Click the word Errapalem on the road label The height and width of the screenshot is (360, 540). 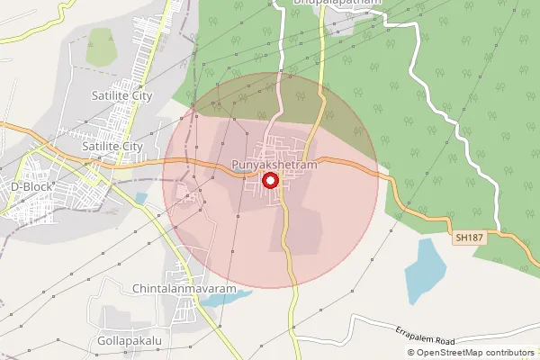coord(416,334)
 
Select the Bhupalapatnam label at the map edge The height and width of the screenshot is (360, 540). coord(337,3)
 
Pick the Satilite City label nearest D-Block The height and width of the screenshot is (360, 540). coord(112,146)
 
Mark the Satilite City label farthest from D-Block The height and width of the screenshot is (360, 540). coord(121,94)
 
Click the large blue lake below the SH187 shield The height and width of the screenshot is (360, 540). coord(425,270)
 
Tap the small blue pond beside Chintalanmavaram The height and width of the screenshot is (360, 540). coord(214,300)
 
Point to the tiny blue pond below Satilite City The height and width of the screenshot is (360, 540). coord(140,198)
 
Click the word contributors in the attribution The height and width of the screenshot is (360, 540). coord(511,353)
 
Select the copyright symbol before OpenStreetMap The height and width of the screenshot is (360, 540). coord(411,353)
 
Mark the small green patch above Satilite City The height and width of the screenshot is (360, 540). coord(100,48)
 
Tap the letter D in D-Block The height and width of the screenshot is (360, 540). coord(14,186)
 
